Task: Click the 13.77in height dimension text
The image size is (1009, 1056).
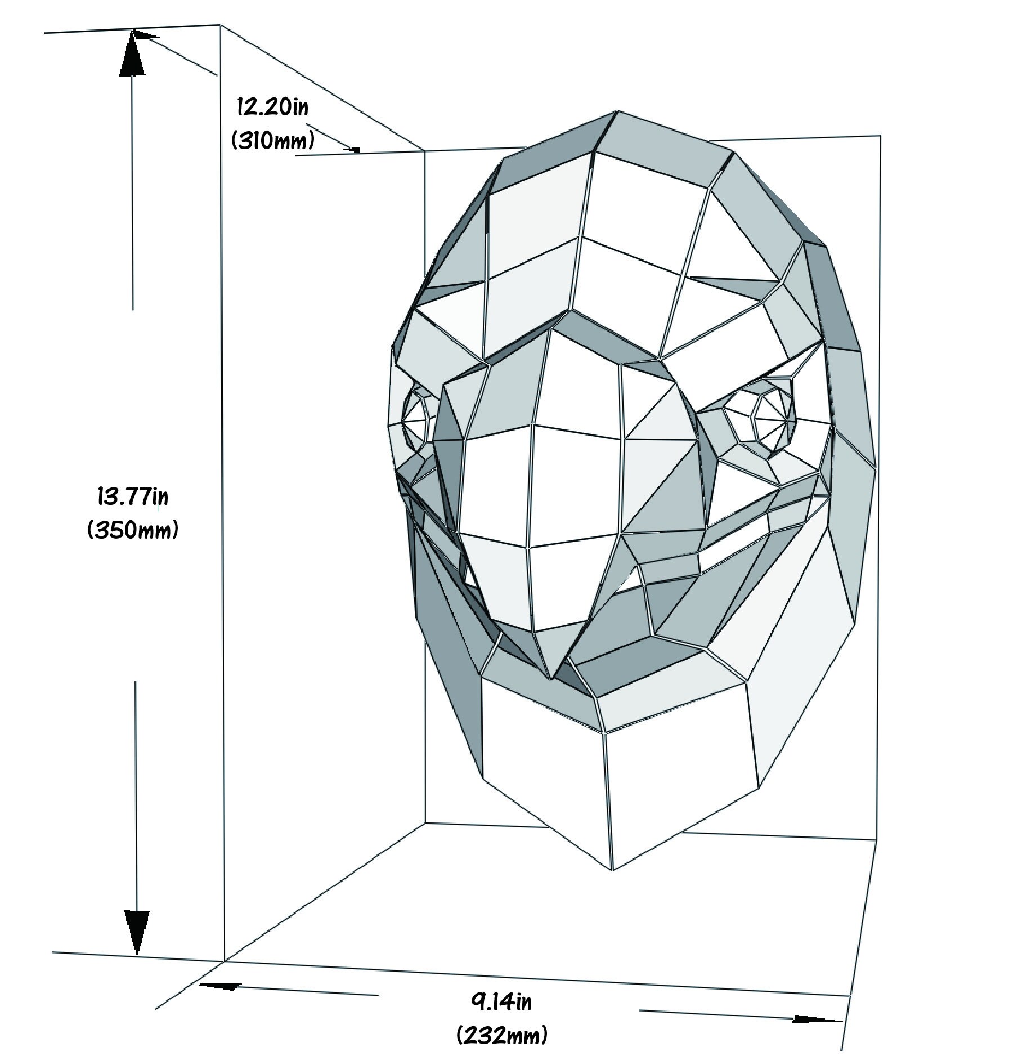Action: (133, 498)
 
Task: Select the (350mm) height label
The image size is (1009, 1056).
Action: (133, 530)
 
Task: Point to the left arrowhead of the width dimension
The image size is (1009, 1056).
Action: (220, 986)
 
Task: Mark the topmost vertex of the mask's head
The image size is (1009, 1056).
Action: (617, 111)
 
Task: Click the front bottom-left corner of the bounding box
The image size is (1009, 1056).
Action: (225, 961)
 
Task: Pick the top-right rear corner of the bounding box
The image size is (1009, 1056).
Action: (881, 136)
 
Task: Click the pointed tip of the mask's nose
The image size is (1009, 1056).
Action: (555, 680)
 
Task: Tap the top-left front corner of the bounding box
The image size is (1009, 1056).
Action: (219, 25)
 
